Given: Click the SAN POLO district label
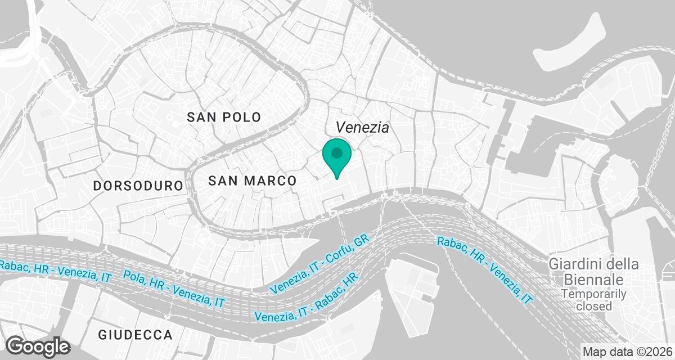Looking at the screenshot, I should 224,117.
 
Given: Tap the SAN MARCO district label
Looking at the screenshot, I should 252,181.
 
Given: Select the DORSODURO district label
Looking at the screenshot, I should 138,186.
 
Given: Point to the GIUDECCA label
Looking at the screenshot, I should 135,335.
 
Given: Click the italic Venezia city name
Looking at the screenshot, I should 362,128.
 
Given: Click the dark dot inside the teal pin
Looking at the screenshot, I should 337,152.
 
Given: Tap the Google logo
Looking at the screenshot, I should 38,346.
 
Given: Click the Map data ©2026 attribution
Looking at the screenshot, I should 625,352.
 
